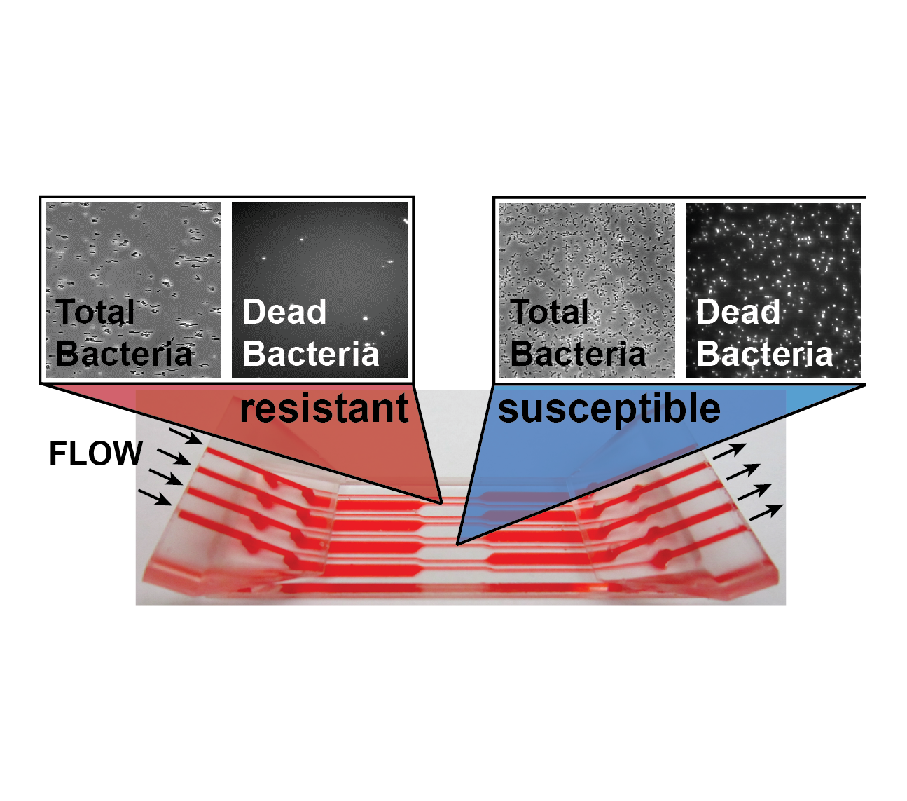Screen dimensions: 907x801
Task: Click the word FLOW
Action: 96,453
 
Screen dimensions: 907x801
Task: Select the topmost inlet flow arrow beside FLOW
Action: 186,436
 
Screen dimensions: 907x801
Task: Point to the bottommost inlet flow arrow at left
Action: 155,498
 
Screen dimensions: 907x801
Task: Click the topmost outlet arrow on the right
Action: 729,451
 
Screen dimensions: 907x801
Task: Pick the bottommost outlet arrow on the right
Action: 766,512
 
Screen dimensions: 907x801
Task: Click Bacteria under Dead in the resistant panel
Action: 311,353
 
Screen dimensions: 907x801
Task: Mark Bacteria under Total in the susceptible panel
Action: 578,353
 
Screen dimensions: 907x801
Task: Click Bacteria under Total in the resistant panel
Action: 124,353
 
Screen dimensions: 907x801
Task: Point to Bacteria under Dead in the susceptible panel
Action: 765,353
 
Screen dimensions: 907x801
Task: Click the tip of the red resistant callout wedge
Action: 443,504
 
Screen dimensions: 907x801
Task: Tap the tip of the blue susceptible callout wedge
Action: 457,545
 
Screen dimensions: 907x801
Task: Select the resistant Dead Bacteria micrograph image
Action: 319,289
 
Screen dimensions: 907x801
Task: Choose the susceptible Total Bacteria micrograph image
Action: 587,290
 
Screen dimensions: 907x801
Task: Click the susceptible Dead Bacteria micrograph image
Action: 774,290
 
